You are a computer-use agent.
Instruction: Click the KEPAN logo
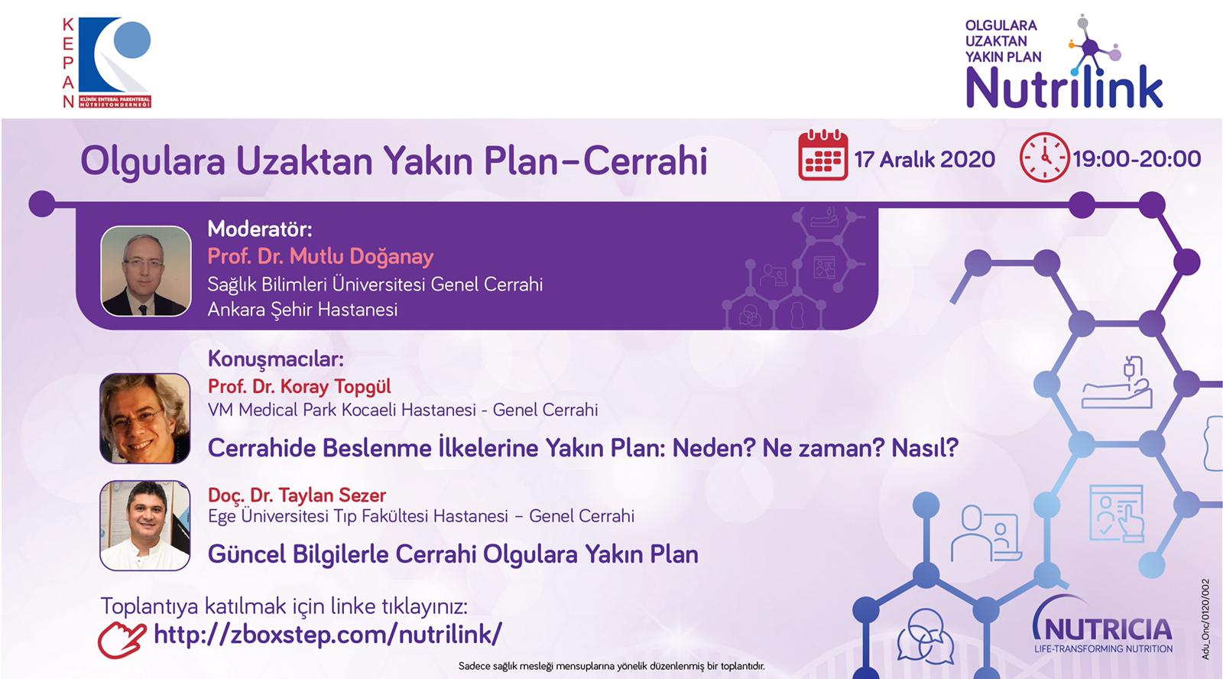coord(106,62)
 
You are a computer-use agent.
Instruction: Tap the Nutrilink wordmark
coord(1064,88)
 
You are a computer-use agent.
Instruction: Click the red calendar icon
coord(822,155)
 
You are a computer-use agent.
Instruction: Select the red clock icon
coord(1044,158)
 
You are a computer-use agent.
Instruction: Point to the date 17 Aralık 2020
coord(925,160)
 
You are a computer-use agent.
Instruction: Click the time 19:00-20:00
coord(1137,159)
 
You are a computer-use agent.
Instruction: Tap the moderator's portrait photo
coord(146,271)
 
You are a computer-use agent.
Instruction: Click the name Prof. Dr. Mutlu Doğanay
coord(320,256)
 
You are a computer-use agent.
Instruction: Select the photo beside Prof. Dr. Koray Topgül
coord(144,418)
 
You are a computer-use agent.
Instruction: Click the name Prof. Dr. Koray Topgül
coord(299,386)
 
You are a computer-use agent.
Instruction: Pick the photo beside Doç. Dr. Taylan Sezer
coord(144,525)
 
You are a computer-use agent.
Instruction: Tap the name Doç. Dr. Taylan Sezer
coord(297,495)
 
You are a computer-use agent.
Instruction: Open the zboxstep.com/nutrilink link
coord(328,634)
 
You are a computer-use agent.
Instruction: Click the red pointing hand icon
coord(122,640)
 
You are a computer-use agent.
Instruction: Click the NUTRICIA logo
coord(1102,629)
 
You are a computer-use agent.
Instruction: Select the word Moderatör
coord(260,229)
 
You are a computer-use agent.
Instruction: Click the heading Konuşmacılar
coord(276,359)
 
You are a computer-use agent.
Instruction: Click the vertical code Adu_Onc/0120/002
coord(1205,619)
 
